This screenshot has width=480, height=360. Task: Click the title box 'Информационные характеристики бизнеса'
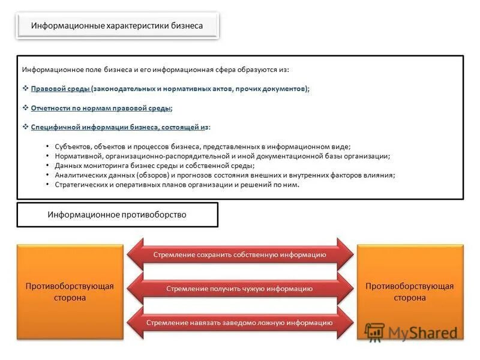117,26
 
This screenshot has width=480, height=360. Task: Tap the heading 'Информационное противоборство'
117,214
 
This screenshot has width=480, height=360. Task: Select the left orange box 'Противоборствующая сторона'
70,292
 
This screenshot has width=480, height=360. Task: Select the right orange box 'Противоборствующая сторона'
410,292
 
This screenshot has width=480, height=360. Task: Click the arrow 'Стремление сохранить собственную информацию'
239,254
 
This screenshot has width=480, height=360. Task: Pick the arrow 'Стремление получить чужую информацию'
239,289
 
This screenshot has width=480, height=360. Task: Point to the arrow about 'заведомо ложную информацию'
239,323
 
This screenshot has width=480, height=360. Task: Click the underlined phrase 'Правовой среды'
60,89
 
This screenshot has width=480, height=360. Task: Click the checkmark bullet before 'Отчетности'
26,108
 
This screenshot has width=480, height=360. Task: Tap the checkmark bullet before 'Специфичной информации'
26,127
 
